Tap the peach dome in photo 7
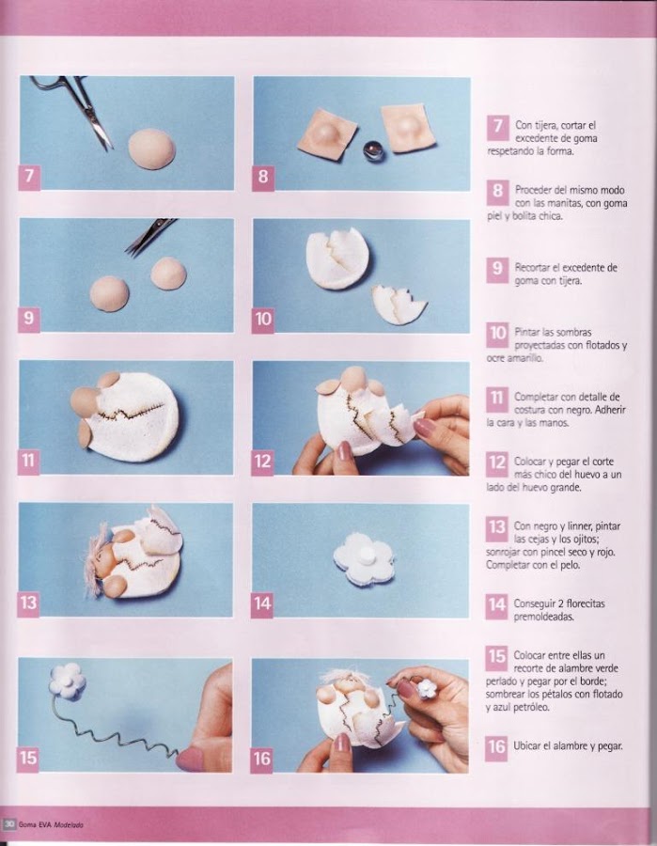152,149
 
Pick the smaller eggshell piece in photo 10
399,305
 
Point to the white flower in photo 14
364,559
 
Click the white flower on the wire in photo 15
68,681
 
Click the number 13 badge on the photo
28,603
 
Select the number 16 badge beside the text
495,747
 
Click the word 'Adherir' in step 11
610,410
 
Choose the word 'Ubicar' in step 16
527,746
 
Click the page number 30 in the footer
9,824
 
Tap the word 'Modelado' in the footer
69,825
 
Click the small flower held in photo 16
428,687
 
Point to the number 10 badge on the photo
262,319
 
